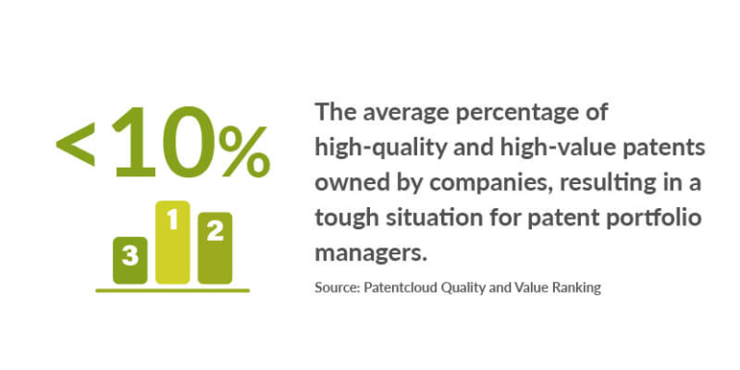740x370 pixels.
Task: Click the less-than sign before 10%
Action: pyautogui.click(x=76, y=145)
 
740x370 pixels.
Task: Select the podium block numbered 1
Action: pyautogui.click(x=172, y=242)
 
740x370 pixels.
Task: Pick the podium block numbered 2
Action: pyautogui.click(x=215, y=249)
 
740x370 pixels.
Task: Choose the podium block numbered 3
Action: pyautogui.click(x=130, y=259)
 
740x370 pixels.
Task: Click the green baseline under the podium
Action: pyautogui.click(x=172, y=289)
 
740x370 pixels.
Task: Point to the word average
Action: pyautogui.click(x=399, y=114)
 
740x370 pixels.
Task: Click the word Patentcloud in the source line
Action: pyautogui.click(x=400, y=287)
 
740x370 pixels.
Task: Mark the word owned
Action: pyautogui.click(x=345, y=183)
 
